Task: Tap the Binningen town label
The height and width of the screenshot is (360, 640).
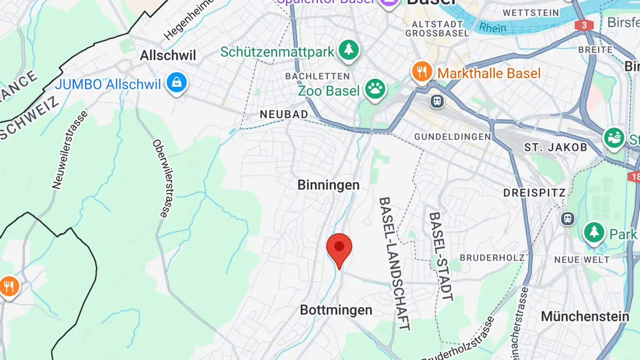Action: click(x=328, y=185)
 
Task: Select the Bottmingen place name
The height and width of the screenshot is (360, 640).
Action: click(x=336, y=310)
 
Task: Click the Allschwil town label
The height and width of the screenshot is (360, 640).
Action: click(x=168, y=56)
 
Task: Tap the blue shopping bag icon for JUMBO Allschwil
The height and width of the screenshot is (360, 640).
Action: click(x=177, y=83)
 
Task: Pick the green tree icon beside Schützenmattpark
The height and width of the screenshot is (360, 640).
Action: click(x=348, y=51)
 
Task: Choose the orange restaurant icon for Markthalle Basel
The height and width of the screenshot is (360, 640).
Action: click(x=422, y=72)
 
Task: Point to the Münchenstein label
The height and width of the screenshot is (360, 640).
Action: click(x=585, y=316)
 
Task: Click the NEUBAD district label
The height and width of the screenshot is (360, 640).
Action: click(x=284, y=114)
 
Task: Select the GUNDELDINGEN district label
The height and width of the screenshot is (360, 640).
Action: click(x=452, y=137)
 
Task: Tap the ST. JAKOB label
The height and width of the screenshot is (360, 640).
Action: click(x=556, y=147)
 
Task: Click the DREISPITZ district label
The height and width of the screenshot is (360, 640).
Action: click(x=535, y=193)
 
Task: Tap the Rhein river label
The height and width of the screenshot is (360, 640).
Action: click(x=492, y=28)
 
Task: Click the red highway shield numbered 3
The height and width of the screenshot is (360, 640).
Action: click(x=584, y=25)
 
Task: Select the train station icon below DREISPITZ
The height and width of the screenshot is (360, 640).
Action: click(x=568, y=219)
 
